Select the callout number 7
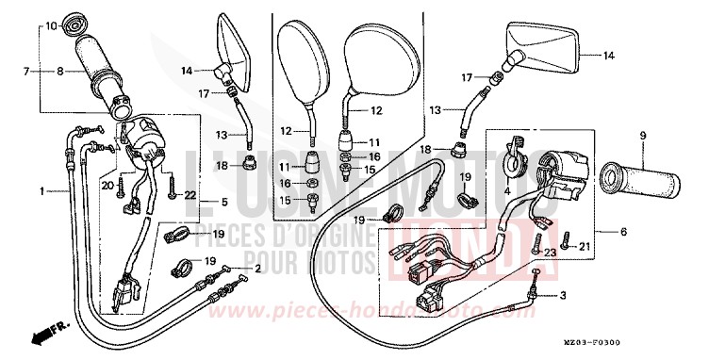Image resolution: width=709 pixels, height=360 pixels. [29, 71]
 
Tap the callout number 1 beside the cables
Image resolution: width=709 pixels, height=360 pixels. [42, 191]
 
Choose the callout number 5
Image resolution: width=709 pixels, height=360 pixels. [224, 201]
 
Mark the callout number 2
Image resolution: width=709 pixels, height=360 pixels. [255, 268]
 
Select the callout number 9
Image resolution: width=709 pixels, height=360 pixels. [644, 136]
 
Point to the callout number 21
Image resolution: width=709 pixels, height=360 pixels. [585, 247]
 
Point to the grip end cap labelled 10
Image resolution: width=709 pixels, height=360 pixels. [76, 21]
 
